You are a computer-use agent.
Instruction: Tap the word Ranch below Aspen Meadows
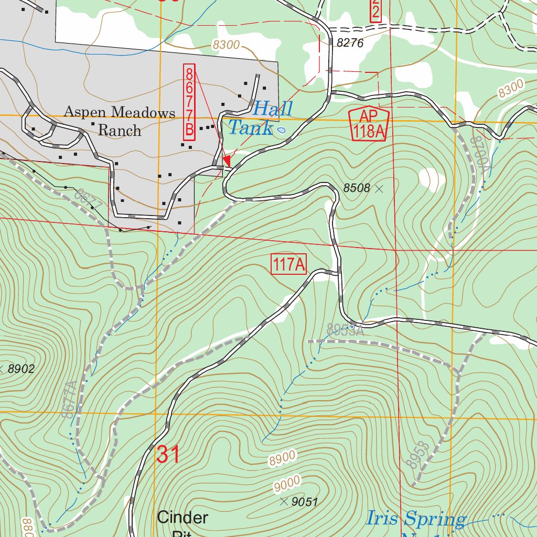[x=120, y=130]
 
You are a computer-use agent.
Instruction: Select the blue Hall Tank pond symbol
[x=281, y=130]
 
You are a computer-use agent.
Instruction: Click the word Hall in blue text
[x=272, y=110]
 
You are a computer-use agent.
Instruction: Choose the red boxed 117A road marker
[x=288, y=264]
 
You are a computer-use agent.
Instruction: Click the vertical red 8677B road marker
[x=189, y=102]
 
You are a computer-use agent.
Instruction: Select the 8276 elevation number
[x=350, y=44]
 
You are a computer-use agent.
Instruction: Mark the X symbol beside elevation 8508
[x=379, y=188]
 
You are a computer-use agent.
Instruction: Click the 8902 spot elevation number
[x=20, y=369]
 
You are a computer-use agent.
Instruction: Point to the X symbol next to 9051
[x=284, y=502]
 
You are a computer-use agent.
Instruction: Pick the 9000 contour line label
[x=287, y=484]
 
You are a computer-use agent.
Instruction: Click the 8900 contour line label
[x=282, y=458]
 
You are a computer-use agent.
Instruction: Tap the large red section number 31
[x=168, y=454]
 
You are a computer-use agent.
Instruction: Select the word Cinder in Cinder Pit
[x=182, y=518]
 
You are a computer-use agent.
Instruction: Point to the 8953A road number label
[x=345, y=329]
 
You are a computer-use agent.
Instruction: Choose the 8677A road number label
[x=70, y=399]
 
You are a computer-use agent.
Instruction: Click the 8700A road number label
[x=478, y=154]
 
